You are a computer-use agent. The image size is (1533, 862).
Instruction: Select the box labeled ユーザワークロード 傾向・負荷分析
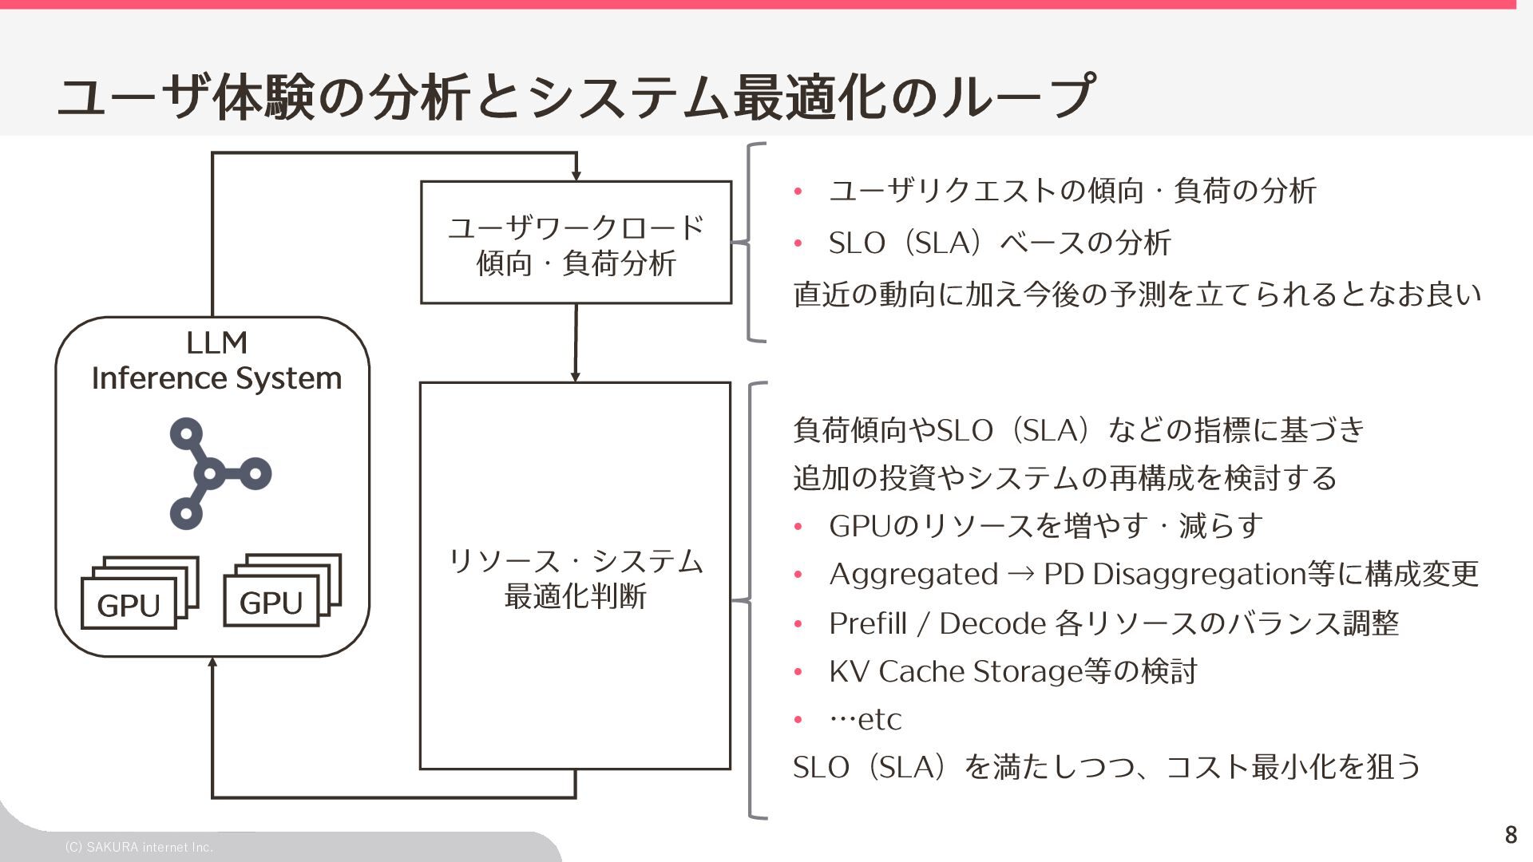[x=576, y=243]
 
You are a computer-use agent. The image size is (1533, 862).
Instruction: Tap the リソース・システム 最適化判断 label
[x=576, y=579]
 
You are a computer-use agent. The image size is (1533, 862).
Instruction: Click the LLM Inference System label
[x=216, y=361]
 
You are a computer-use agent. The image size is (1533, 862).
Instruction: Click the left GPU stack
[x=139, y=593]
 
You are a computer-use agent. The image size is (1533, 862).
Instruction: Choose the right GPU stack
[x=282, y=591]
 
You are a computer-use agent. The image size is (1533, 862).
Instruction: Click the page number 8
[x=1510, y=835]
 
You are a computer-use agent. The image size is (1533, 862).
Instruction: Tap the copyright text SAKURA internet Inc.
[x=139, y=847]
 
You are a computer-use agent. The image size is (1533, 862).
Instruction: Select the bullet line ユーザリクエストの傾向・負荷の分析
[x=1072, y=192]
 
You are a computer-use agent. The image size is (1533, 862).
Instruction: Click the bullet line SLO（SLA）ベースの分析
[x=1000, y=243]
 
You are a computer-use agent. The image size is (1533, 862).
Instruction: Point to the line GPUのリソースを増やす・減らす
[x=1046, y=526]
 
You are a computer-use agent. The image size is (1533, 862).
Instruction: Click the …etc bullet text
[x=866, y=719]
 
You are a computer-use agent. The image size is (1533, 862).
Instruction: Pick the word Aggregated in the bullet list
[x=913, y=575]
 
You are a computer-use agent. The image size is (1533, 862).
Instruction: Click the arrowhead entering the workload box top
[x=576, y=176]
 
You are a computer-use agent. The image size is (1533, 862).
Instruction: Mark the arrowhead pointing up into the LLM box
[x=212, y=662]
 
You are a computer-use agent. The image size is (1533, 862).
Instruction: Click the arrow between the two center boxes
[x=576, y=343]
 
